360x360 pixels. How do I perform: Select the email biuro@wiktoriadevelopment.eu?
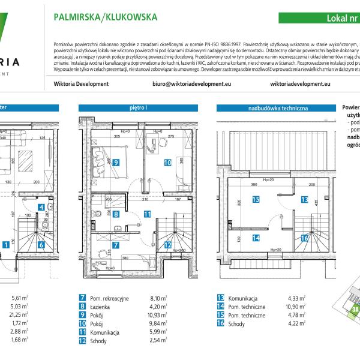tap(191, 85)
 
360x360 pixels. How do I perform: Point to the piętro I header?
tap(139, 109)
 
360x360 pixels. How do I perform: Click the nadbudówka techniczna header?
tap(278, 109)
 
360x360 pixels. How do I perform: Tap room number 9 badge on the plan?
tap(115, 162)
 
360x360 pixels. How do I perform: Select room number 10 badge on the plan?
tap(167, 161)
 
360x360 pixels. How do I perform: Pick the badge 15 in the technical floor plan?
tap(256, 200)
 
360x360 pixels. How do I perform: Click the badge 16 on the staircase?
tap(304, 238)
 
